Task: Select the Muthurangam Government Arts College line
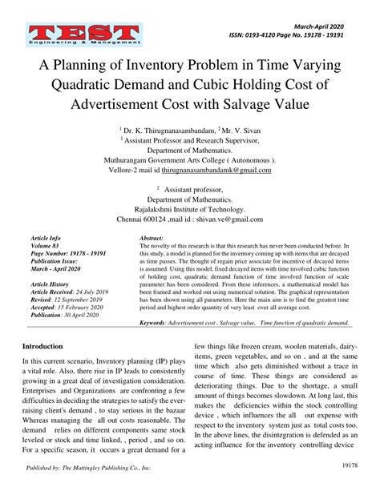coord(190,159)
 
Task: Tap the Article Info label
coord(45,239)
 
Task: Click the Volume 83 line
coord(44,246)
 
